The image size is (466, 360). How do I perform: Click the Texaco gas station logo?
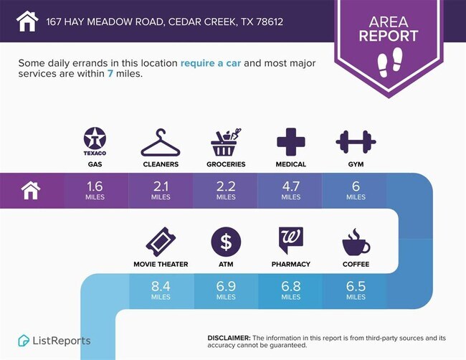[95, 141]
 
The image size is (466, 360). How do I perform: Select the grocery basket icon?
[226, 142]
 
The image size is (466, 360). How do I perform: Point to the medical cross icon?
[291, 142]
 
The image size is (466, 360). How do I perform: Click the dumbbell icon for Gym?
[356, 142]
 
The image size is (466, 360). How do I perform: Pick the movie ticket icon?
[161, 242]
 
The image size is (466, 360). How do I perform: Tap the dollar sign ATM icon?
[226, 242]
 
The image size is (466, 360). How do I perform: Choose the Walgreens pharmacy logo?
[291, 240]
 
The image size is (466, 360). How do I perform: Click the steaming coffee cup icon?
[356, 242]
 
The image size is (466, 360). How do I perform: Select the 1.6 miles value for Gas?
[95, 190]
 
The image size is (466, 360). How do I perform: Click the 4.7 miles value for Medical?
[291, 190]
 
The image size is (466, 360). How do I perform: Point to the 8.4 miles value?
[161, 290]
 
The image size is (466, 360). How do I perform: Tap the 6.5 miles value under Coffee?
[356, 290]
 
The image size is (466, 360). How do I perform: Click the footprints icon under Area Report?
[389, 62]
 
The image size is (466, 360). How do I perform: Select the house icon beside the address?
[27, 21]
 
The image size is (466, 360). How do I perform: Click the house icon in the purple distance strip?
[31, 191]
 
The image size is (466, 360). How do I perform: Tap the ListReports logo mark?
[24, 341]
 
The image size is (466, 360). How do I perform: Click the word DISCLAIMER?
[229, 338]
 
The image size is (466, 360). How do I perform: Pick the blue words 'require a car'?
[211, 63]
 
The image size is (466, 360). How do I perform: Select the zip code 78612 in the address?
[270, 22]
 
